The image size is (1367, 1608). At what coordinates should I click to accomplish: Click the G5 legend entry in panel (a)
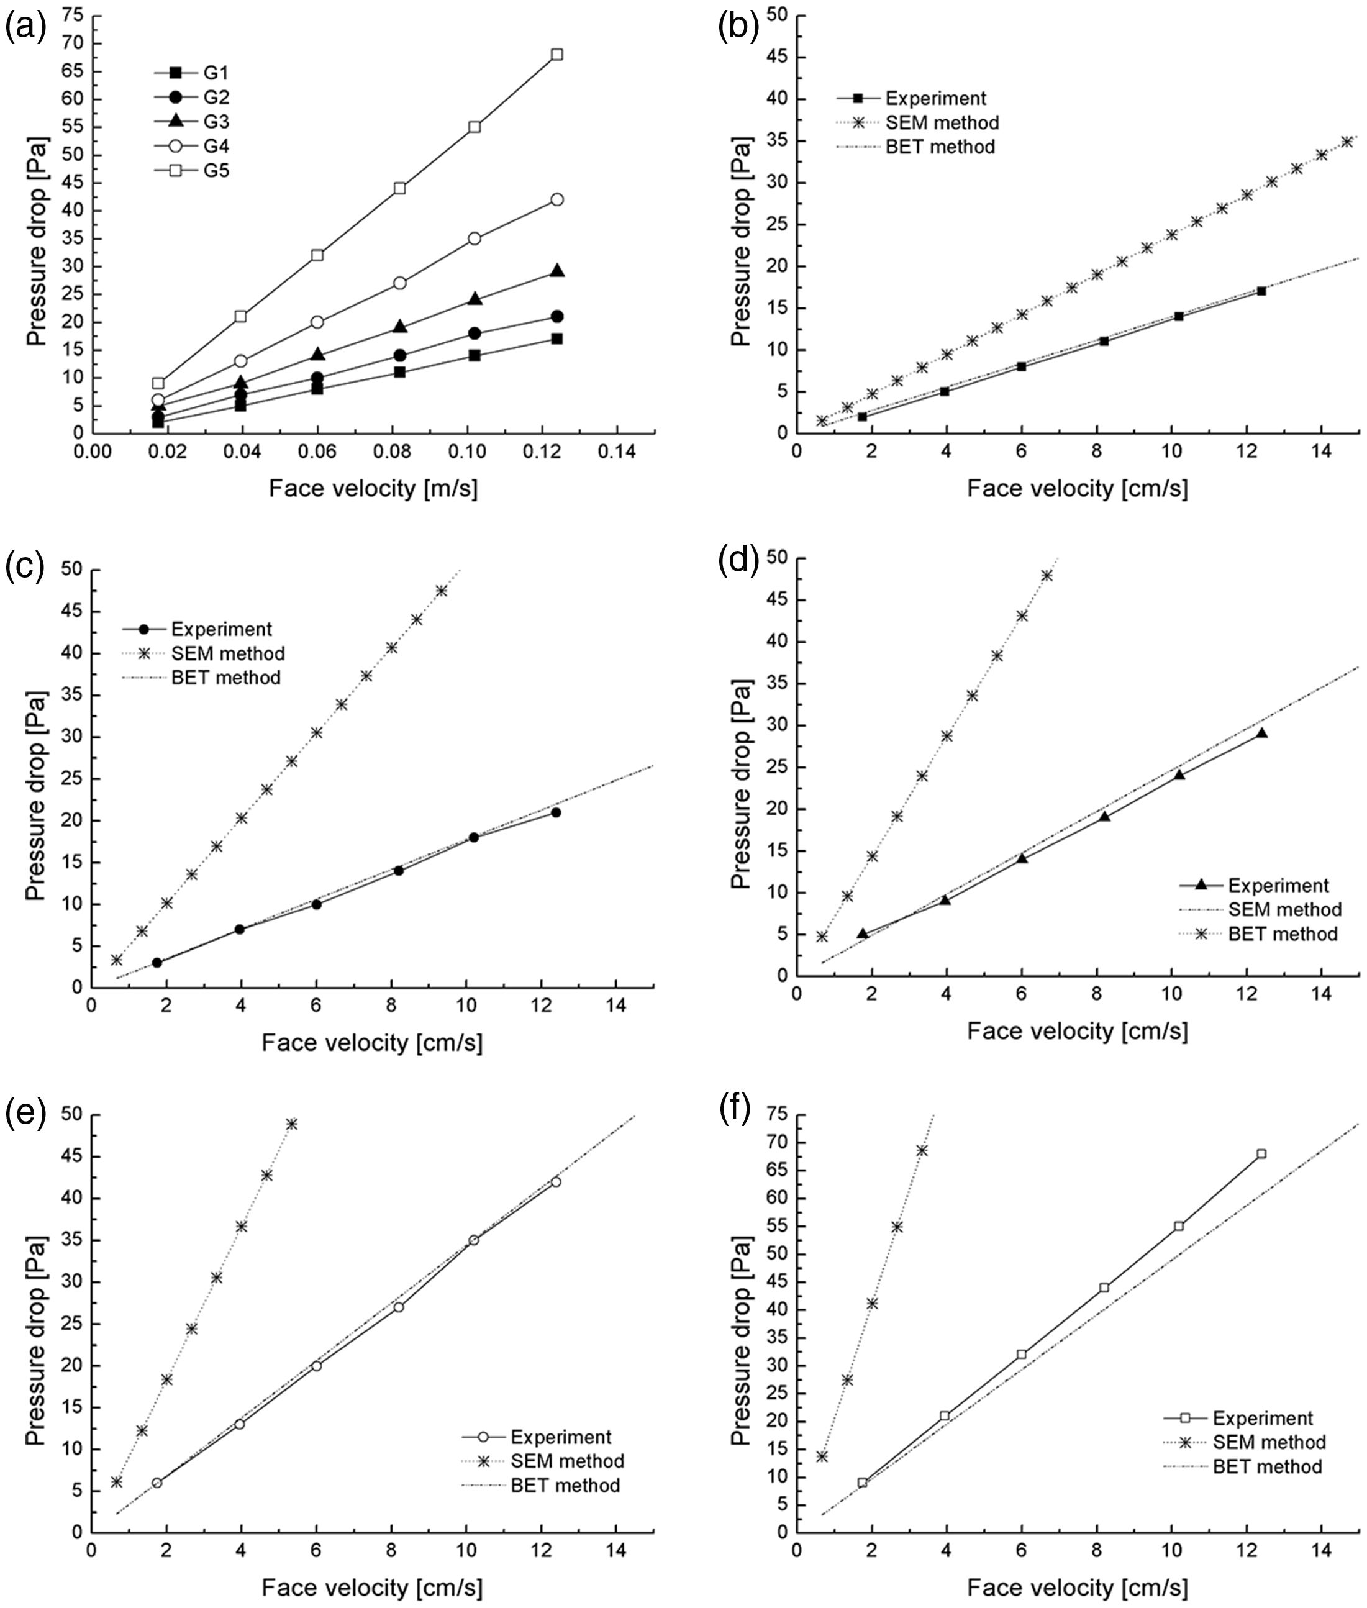point(191,170)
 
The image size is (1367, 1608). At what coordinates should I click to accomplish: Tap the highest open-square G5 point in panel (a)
point(556,54)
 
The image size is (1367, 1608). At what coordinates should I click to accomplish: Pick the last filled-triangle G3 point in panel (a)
point(556,270)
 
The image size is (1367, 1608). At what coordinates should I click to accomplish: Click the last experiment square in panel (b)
point(1261,291)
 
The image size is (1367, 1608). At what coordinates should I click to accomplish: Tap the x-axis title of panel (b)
point(1077,488)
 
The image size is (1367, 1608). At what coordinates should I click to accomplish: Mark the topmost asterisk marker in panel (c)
point(442,591)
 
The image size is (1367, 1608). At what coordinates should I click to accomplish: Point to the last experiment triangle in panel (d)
point(1261,732)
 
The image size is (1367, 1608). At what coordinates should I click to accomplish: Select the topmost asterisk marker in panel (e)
point(291,1124)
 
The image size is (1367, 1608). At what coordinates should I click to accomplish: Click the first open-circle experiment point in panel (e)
point(157,1483)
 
